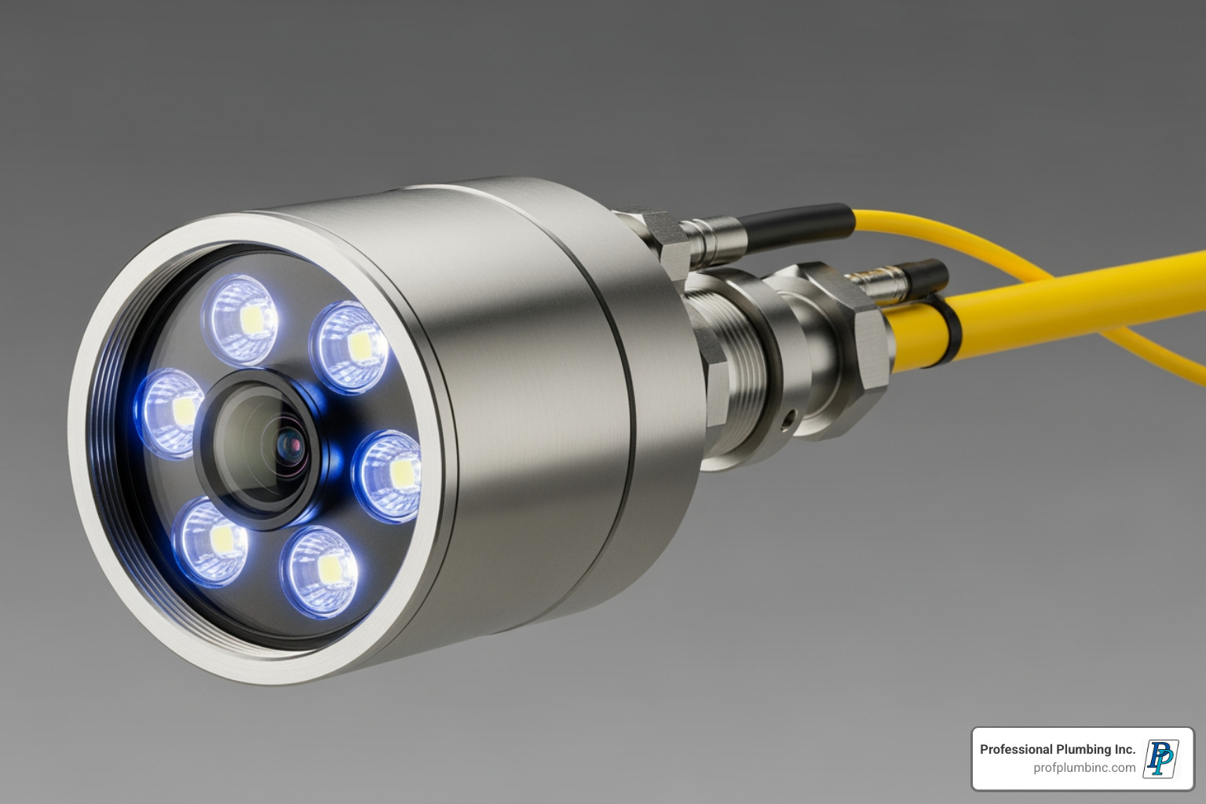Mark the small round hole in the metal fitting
tap(788, 420)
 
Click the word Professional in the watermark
tap(1016, 750)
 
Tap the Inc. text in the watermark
tap(1125, 750)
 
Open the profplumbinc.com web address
tap(1084, 768)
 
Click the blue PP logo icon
tap(1160, 758)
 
